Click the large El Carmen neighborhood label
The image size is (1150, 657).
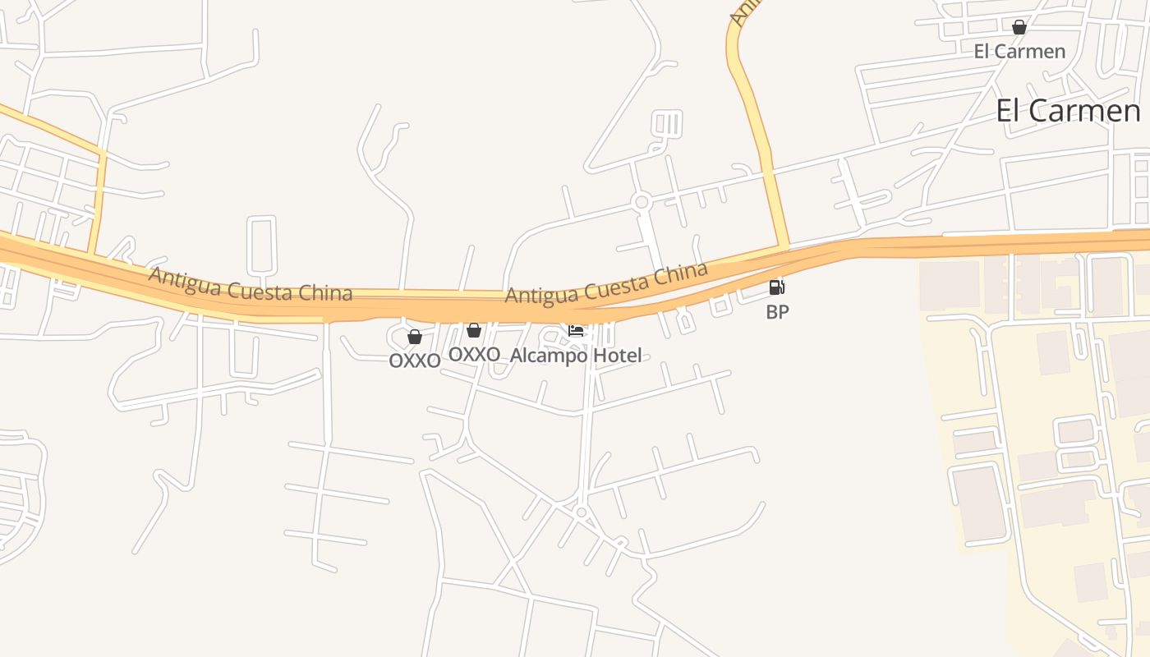(x=1068, y=111)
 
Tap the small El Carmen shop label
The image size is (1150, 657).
(x=1019, y=52)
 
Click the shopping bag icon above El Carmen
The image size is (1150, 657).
(x=1019, y=27)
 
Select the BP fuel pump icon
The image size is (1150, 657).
(x=776, y=287)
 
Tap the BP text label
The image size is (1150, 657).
(x=777, y=312)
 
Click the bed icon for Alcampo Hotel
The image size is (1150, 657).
(x=576, y=331)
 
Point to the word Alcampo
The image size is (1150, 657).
(x=549, y=356)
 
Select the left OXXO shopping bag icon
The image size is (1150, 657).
(x=415, y=337)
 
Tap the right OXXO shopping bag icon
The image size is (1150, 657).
(x=474, y=330)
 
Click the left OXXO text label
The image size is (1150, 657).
(x=415, y=361)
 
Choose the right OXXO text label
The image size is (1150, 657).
(x=474, y=354)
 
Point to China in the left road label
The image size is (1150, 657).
(x=328, y=293)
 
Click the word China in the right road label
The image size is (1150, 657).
(x=683, y=272)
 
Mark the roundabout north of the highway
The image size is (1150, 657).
(x=642, y=201)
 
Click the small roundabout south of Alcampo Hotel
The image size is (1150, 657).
(x=582, y=512)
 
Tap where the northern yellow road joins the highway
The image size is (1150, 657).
(x=781, y=246)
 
